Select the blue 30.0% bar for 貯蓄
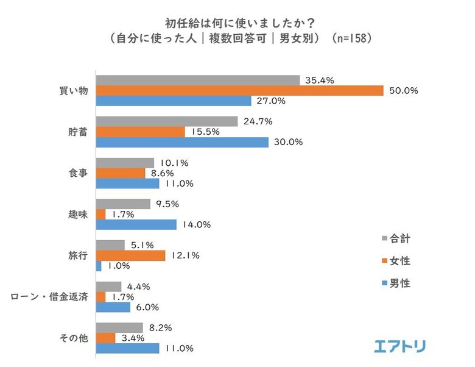point(183,142)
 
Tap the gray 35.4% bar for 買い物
point(198,80)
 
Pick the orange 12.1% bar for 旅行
point(130,255)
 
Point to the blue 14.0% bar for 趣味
point(136,224)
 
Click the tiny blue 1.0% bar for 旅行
point(99,266)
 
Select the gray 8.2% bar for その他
point(119,327)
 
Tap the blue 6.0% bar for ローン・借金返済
point(113,307)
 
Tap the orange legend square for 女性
point(385,261)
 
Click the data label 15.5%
point(203,132)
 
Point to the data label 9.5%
point(169,204)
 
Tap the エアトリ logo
point(399,346)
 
